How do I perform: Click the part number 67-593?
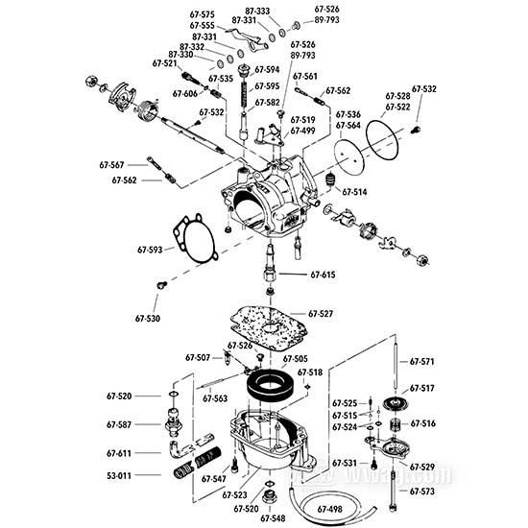(151, 250)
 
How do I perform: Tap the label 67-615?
(323, 275)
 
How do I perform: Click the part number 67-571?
(422, 362)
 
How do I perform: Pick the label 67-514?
(352, 192)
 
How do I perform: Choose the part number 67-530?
(147, 317)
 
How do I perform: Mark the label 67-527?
(321, 314)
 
